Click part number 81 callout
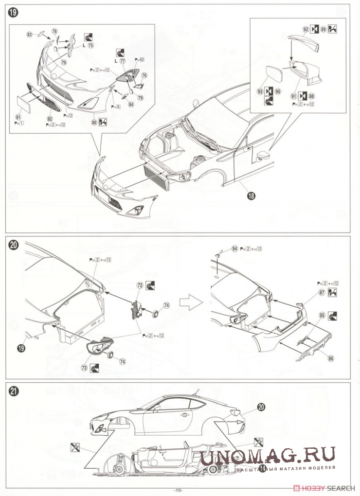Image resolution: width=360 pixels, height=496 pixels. click(18, 117)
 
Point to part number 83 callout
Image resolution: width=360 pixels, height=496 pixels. click(30, 34)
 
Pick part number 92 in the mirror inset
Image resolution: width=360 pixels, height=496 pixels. click(306, 30)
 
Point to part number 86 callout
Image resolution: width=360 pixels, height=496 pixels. click(331, 358)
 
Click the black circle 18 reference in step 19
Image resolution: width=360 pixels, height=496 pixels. click(251, 195)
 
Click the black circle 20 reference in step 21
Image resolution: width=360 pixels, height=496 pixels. click(261, 407)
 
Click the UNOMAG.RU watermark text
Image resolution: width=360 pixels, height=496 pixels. click(268, 456)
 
